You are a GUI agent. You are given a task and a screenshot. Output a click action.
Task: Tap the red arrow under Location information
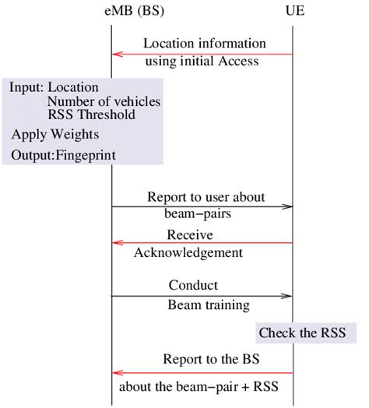[202, 54]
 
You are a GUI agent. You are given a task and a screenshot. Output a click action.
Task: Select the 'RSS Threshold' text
[90, 114]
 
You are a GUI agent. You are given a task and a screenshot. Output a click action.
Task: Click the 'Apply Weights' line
[54, 134]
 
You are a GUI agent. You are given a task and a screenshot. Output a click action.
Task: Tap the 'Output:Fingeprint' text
[63, 156]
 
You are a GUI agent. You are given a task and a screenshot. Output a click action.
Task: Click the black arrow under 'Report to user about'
[202, 207]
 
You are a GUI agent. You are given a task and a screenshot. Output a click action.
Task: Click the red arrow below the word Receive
[202, 243]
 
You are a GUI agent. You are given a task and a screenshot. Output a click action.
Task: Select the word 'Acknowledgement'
[188, 252]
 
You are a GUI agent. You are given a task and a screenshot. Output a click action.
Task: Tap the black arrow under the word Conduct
[202, 296]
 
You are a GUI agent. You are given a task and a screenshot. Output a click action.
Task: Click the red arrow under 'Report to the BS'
[202, 373]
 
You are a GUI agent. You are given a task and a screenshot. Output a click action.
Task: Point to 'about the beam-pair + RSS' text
[200, 385]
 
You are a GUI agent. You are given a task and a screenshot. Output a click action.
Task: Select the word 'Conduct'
[193, 285]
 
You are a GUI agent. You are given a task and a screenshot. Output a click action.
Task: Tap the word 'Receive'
[190, 234]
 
